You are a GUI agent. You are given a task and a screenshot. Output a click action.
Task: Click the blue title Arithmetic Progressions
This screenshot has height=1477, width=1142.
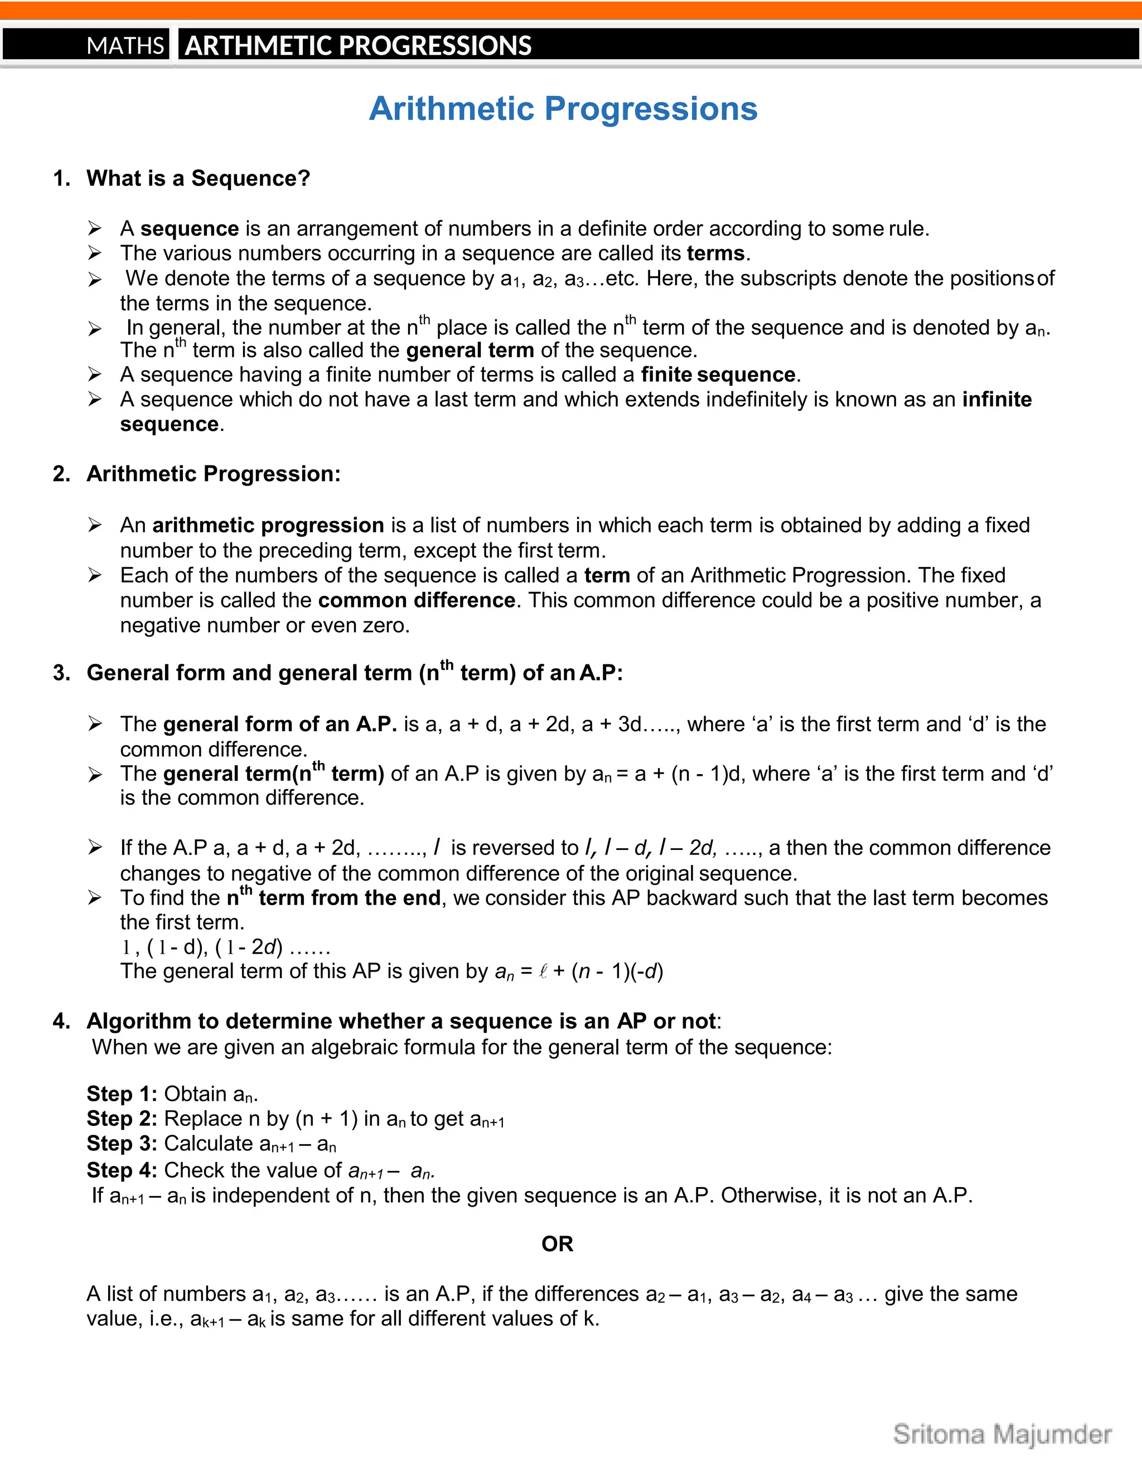coord(563,109)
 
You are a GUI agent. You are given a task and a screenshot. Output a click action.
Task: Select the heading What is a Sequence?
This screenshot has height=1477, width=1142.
coord(198,178)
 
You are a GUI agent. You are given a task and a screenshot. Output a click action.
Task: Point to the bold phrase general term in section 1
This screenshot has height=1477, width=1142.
coord(470,351)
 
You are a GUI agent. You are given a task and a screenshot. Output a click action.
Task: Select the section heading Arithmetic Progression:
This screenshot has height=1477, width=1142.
coord(213,474)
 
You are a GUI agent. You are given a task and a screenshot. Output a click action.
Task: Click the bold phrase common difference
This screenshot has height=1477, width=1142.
coord(417,600)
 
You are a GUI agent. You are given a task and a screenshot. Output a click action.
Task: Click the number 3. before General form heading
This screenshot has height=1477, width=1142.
coord(61,674)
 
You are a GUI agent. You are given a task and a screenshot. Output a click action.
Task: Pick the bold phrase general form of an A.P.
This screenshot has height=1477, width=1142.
coord(279,725)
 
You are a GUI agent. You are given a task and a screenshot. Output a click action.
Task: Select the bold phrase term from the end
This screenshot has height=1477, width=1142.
coord(349,898)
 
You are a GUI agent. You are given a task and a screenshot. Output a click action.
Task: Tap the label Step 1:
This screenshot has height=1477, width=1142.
coord(122,1094)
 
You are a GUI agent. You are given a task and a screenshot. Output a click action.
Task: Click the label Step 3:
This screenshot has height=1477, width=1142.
coord(122,1144)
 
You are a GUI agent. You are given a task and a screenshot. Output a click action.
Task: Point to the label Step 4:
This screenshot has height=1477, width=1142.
coord(122,1170)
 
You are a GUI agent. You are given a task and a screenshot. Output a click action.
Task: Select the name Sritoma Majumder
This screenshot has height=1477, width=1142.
coord(1002,1435)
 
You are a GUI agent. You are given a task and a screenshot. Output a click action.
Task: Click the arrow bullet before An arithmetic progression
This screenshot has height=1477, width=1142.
coord(95,526)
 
